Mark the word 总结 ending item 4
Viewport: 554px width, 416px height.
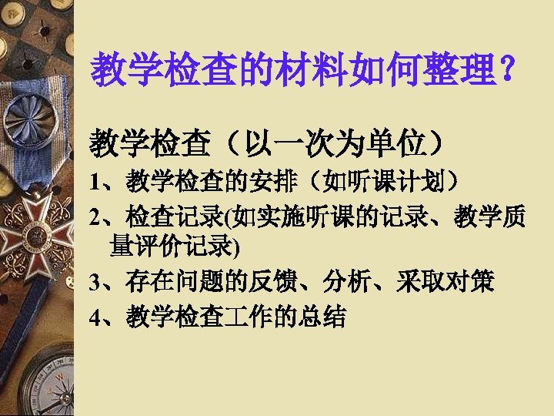pos(329,317)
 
